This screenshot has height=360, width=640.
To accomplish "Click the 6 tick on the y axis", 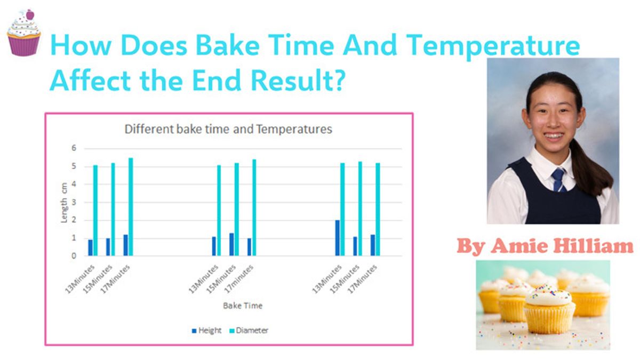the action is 74,148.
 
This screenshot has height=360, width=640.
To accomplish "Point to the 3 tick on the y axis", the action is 74,202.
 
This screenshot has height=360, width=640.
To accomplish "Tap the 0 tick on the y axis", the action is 74,255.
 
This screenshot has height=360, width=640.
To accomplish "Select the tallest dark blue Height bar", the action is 338,238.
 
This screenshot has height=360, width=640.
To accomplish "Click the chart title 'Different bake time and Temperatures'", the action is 228,129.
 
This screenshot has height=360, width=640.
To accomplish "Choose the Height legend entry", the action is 206,331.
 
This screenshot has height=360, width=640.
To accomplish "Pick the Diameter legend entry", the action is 249,331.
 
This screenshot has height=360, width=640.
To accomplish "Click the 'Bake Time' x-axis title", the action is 243,306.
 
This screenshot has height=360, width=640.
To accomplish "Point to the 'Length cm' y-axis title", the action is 64,203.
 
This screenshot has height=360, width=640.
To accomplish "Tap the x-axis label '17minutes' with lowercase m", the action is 239,278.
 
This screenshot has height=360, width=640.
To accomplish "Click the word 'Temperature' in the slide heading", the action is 493,46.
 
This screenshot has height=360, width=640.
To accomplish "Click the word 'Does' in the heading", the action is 154,45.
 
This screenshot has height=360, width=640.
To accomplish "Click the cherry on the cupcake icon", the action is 30,14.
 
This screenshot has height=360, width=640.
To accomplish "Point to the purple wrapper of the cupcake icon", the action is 24,45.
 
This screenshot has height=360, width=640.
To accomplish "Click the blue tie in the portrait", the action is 558,180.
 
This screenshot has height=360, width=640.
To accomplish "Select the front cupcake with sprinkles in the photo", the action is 549,310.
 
